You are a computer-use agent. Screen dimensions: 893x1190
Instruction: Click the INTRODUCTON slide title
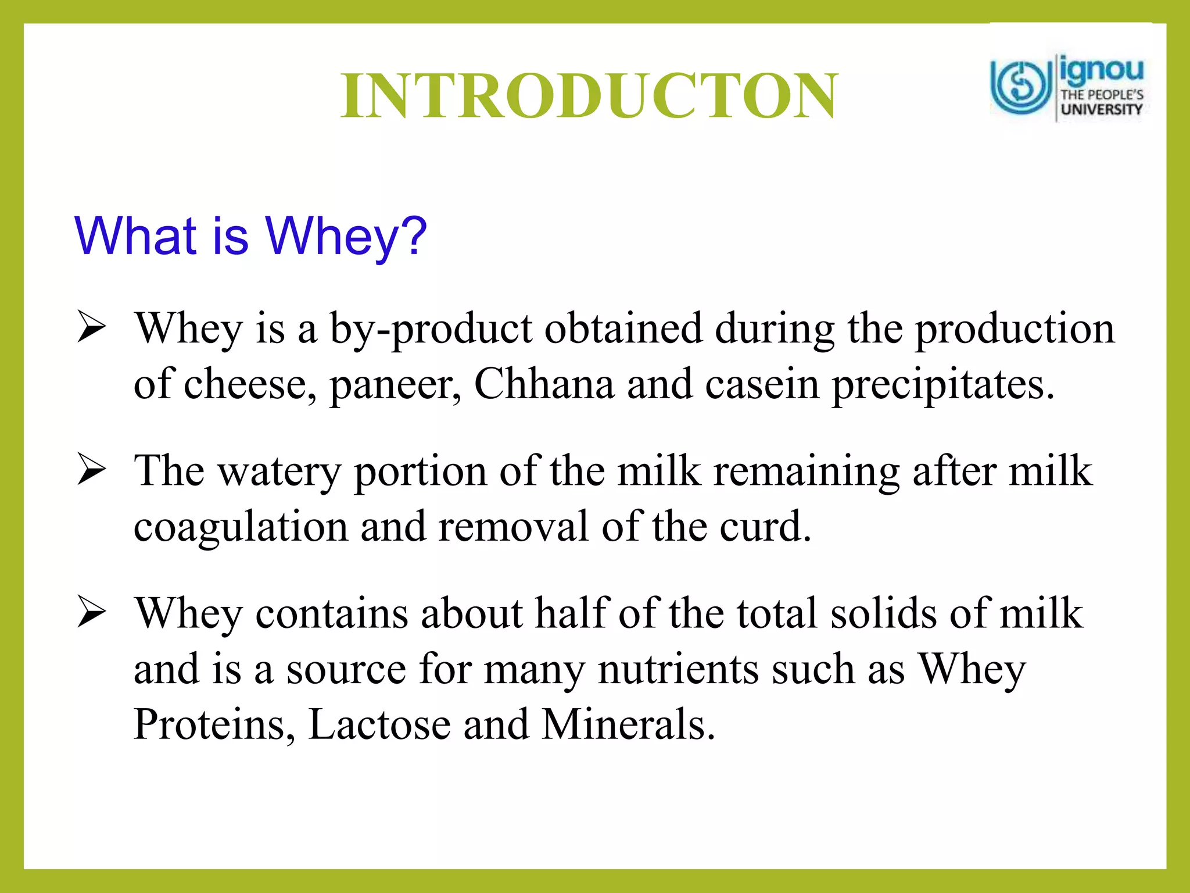tap(589, 96)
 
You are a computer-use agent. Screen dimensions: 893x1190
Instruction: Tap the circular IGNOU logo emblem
tap(1021, 87)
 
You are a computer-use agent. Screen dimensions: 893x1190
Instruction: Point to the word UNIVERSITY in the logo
tap(1101, 109)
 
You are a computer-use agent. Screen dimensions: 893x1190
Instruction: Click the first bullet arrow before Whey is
tap(91, 327)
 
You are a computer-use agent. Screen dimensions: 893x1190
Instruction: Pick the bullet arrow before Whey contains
tap(91, 613)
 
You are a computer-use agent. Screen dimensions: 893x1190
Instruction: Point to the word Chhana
tap(544, 384)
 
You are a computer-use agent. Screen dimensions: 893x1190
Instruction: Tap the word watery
tap(279, 471)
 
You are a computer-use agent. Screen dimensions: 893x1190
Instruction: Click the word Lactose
tap(379, 724)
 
